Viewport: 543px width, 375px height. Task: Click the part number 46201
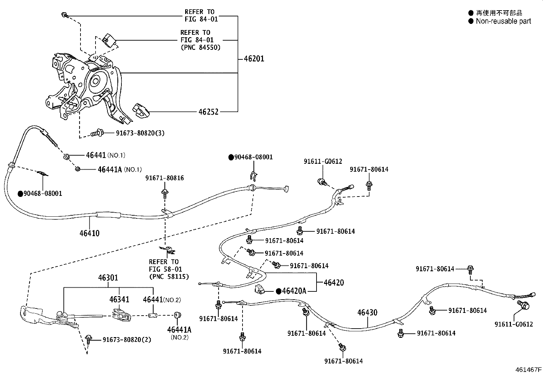254,59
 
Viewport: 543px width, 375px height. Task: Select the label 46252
208,112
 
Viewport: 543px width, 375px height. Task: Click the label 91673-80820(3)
135,133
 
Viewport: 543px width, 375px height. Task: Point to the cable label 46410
89,233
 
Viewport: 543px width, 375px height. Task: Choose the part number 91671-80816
164,178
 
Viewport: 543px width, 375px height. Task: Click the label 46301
108,278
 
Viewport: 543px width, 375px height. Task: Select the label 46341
119,300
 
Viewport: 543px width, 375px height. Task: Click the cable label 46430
367,312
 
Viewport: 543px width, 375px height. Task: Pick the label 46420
334,283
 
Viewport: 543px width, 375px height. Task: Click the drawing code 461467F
528,369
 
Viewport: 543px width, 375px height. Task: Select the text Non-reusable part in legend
503,21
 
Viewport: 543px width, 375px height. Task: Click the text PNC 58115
169,277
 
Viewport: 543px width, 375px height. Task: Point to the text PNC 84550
200,47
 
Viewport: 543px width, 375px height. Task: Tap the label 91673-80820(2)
127,340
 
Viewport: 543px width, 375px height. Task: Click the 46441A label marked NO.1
110,169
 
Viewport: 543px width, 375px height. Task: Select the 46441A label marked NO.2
179,330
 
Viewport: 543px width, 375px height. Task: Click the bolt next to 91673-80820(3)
97,133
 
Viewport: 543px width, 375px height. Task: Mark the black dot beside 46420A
278,291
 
